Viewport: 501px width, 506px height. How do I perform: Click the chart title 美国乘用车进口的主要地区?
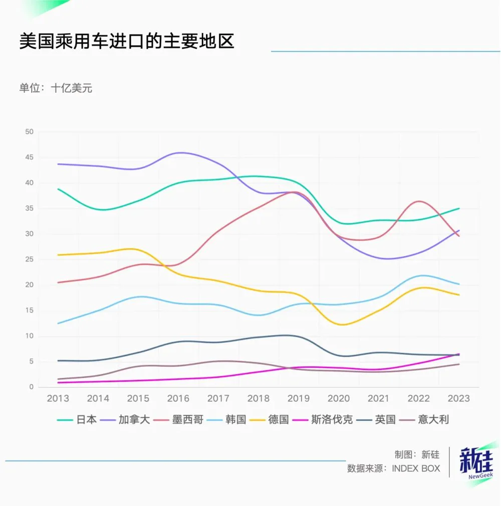pos(127,42)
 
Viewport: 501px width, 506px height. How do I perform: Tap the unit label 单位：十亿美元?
pos(56,88)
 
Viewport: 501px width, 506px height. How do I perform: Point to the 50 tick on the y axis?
pos(29,132)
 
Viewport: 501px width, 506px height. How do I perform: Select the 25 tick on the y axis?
pos(29,260)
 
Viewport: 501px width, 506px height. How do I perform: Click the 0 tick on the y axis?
pos(31,387)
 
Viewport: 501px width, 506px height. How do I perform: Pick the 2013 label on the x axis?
pos(58,399)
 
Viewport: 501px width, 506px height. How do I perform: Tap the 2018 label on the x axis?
pos(259,399)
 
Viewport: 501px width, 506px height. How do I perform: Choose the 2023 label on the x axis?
pos(458,399)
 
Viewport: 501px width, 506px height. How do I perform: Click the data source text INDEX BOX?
pos(415,468)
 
